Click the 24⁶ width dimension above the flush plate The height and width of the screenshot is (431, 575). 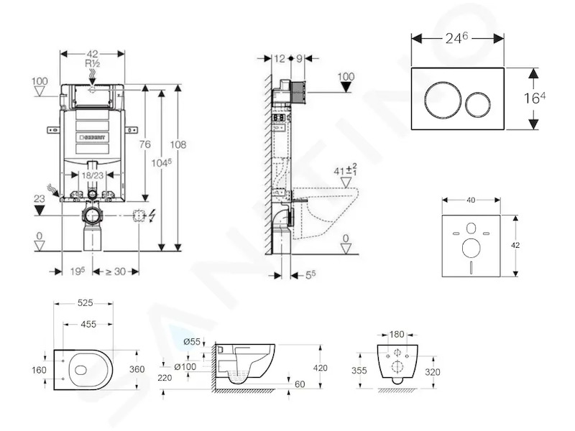(x=456, y=38)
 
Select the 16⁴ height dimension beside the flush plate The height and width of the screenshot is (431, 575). (x=534, y=98)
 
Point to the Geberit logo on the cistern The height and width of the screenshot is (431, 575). (x=93, y=137)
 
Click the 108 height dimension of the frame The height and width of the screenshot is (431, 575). (x=178, y=144)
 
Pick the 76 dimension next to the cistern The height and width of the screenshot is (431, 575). (x=145, y=144)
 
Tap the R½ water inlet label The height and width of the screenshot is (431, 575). (x=93, y=64)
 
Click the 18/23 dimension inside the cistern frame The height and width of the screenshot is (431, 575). (x=93, y=175)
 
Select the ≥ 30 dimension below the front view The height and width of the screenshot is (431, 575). (x=116, y=272)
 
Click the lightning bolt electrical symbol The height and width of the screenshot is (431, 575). (x=152, y=215)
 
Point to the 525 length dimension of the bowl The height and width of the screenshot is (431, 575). (x=85, y=303)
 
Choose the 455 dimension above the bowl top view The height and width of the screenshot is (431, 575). (x=88, y=324)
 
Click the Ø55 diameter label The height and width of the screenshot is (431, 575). (x=192, y=342)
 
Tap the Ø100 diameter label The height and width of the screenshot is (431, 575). (x=185, y=366)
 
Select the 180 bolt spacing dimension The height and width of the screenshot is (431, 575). (x=397, y=334)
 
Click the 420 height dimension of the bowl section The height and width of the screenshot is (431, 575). (x=320, y=368)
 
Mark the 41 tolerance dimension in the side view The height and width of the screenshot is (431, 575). (x=346, y=170)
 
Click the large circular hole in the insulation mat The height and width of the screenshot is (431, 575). (x=471, y=248)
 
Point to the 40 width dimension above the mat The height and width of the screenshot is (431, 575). (x=471, y=200)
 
